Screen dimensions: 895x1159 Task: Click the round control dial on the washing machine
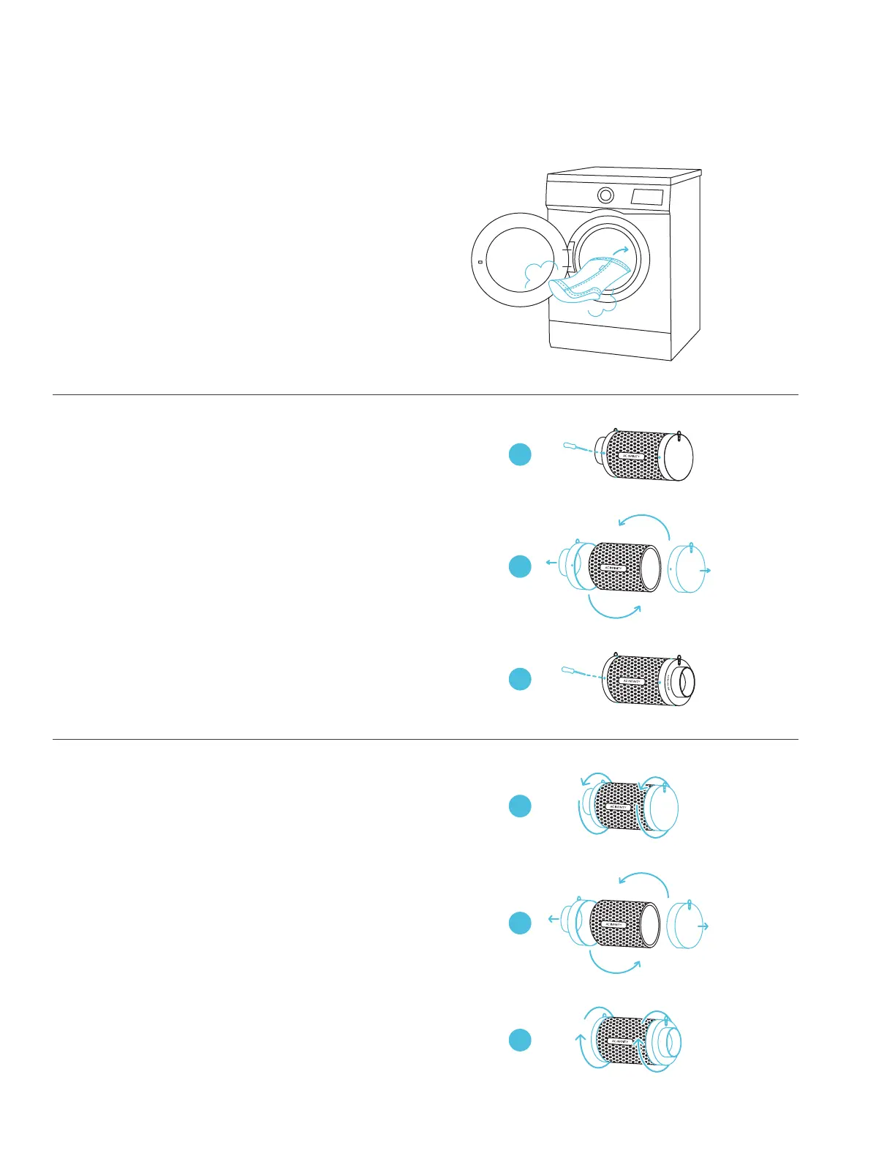point(605,195)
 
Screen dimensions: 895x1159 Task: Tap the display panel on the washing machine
point(647,197)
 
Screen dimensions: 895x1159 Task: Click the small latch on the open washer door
point(479,262)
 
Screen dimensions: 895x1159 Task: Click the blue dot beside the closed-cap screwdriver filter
point(520,455)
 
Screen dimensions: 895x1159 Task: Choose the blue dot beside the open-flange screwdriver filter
point(520,679)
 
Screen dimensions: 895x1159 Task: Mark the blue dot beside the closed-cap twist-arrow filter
point(520,806)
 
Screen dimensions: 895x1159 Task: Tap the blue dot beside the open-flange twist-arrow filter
point(520,1040)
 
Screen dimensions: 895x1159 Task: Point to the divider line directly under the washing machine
point(425,395)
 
